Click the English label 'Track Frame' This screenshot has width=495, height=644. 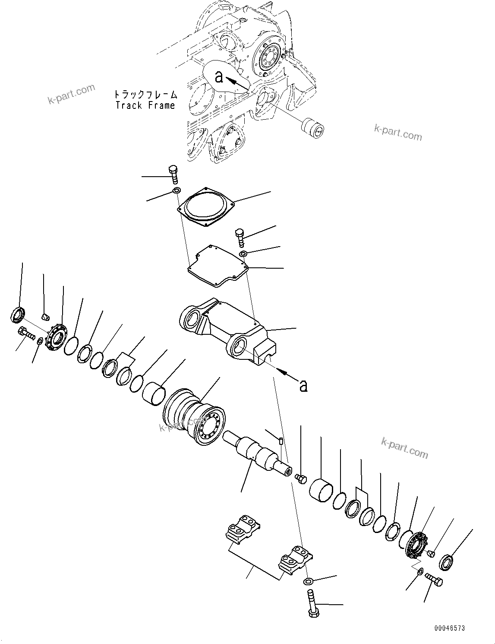point(145,105)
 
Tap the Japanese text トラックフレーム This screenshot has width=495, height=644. point(145,95)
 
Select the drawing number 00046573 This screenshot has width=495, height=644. point(450,628)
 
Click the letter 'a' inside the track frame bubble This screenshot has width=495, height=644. point(219,77)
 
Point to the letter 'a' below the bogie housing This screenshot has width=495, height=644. point(303,385)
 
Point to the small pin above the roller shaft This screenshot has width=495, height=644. point(281,441)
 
